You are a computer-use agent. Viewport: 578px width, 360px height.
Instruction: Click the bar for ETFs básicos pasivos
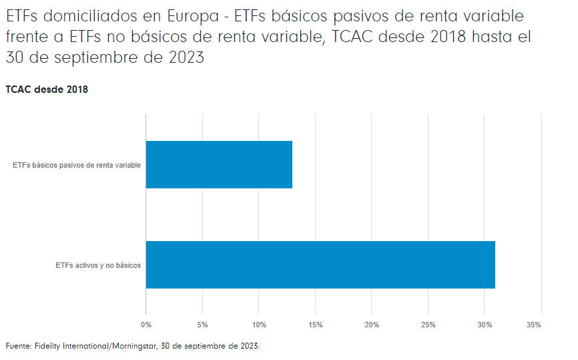(219, 164)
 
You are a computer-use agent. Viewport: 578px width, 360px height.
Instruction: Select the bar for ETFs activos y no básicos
(320, 264)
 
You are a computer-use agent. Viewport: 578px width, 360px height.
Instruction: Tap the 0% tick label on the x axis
(146, 325)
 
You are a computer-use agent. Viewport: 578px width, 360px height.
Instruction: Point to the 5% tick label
(202, 325)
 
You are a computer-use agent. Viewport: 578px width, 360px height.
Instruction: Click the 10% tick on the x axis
(259, 325)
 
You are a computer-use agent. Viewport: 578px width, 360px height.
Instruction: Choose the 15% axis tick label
(316, 325)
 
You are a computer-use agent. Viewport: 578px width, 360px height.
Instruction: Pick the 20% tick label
(372, 325)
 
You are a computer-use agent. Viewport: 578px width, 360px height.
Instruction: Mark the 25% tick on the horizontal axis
(428, 325)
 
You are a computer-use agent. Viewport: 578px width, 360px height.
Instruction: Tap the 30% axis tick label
(485, 325)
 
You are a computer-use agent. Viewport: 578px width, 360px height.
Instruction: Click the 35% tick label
(533, 325)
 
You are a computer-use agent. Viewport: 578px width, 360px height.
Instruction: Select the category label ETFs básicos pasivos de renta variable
(77, 165)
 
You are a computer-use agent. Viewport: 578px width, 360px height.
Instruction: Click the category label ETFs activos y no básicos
(98, 265)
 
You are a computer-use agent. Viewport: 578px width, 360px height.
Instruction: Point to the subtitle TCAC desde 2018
(47, 89)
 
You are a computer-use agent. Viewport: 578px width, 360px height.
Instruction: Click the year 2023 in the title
(185, 58)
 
